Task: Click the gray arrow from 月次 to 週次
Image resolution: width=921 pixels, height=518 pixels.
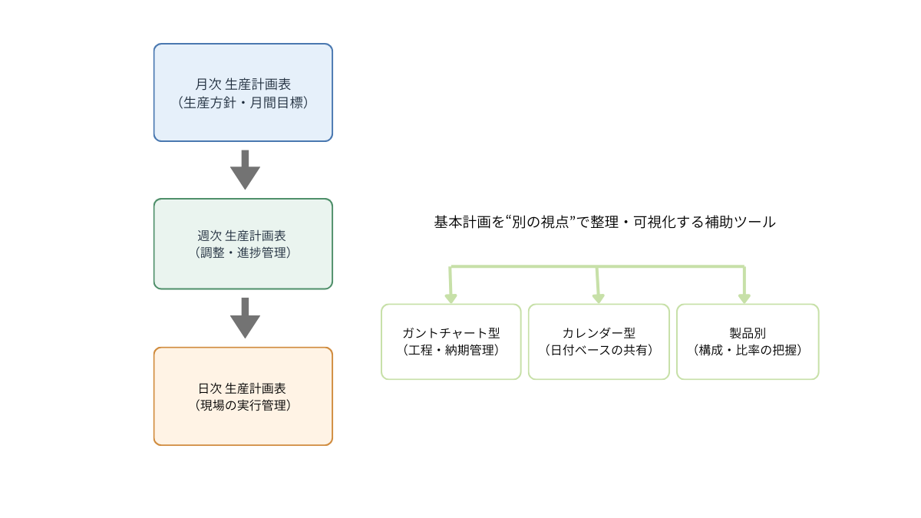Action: tap(245, 170)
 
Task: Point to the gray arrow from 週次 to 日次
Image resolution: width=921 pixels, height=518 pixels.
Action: tap(245, 318)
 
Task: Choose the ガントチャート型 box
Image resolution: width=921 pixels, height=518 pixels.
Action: tap(451, 341)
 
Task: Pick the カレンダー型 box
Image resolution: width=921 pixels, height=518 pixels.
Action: tap(599, 341)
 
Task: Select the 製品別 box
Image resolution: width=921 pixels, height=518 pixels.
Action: tap(747, 341)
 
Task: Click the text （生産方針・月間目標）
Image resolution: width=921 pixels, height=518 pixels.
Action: tap(243, 102)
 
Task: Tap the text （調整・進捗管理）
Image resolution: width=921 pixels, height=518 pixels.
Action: tap(243, 252)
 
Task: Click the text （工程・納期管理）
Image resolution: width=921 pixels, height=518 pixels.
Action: tap(451, 350)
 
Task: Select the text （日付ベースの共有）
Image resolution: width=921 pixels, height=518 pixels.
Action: tap(599, 350)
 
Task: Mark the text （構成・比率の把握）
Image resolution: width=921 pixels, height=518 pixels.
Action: tap(747, 350)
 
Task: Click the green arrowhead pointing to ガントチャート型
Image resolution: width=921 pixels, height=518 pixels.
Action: tap(451, 298)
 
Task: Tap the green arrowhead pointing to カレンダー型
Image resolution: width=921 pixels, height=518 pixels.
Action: tap(599, 298)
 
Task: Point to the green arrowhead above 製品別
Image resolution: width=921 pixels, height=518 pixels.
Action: tap(744, 298)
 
